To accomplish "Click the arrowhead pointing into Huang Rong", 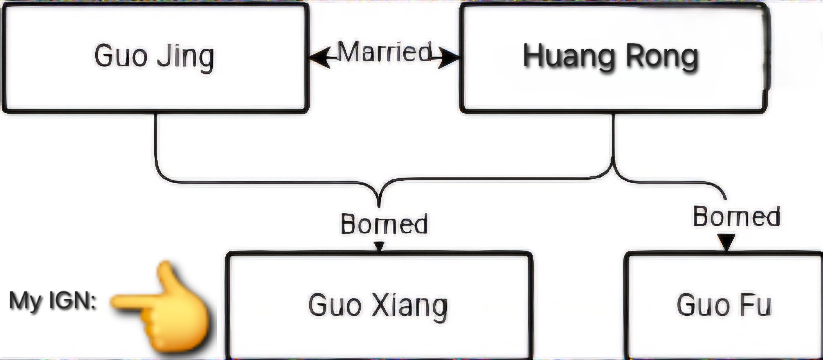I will click(x=449, y=58).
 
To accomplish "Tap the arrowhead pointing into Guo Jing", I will click(x=320, y=58).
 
